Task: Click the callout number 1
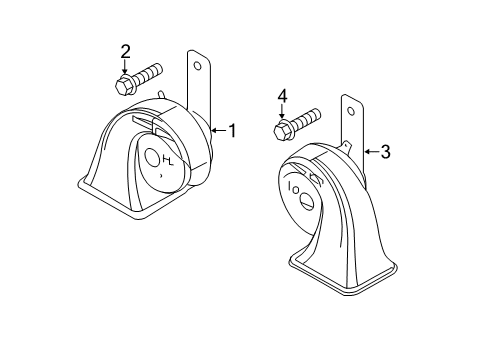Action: (232, 130)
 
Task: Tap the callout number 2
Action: (125, 52)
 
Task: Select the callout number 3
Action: (385, 152)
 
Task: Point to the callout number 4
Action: (282, 97)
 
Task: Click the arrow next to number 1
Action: (218, 130)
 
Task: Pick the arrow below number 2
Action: (125, 67)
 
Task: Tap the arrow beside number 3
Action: (371, 152)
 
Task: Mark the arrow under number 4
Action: (282, 111)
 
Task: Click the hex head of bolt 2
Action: (124, 85)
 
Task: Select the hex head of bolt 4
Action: (283, 130)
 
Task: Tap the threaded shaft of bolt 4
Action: (306, 119)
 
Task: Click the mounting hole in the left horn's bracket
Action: (198, 66)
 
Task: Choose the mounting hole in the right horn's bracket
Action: (351, 111)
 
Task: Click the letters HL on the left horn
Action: (168, 161)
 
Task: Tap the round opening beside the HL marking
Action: (152, 158)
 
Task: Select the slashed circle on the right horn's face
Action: (307, 200)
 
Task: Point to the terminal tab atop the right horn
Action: (346, 146)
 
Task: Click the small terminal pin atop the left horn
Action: (162, 94)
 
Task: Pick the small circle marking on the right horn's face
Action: (296, 190)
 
